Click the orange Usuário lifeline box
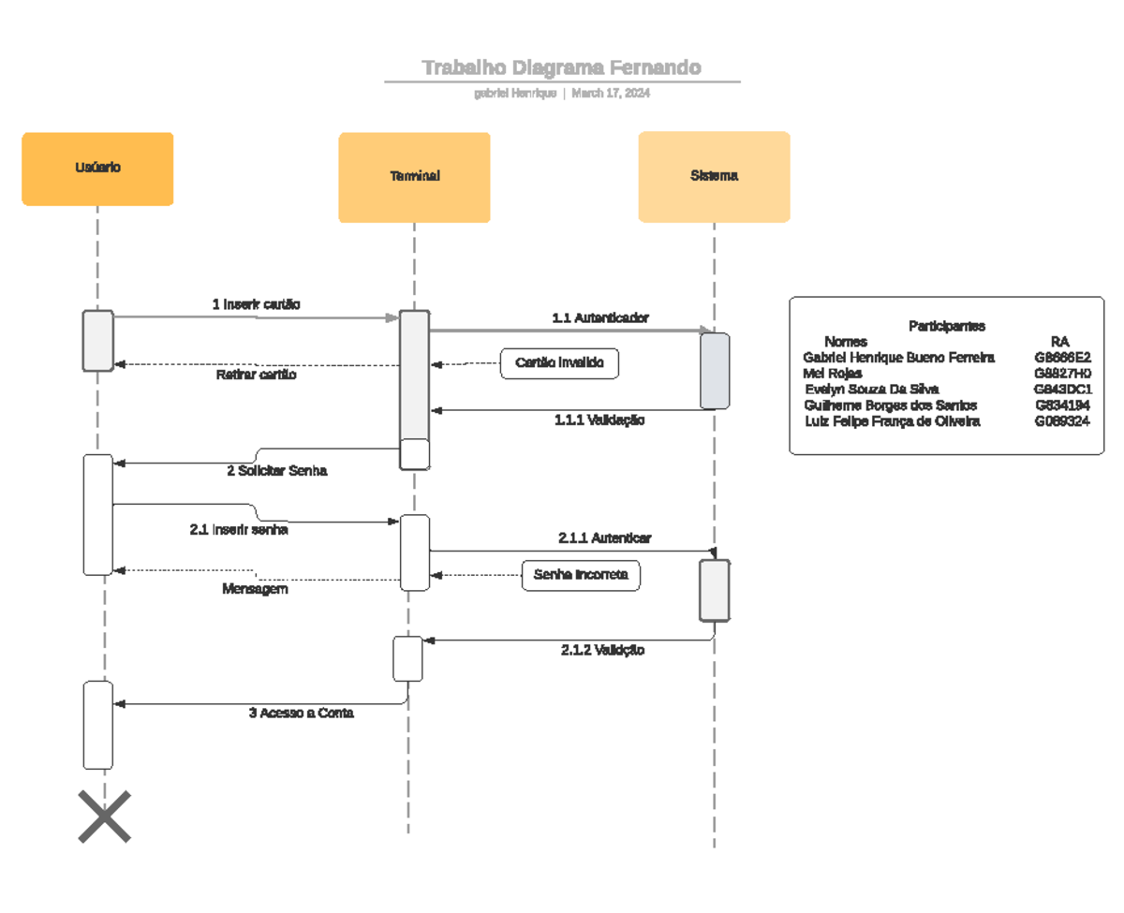[97, 169]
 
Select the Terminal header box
[414, 177]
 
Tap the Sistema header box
[714, 176]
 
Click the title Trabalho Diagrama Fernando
[561, 67]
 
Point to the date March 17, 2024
[611, 94]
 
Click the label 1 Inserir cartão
[257, 304]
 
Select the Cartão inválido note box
[560, 362]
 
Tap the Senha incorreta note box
[581, 575]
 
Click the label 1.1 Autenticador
[600, 318]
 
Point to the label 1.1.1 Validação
[599, 420]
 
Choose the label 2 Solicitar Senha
[277, 471]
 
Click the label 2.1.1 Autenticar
[605, 538]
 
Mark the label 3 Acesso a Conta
[302, 713]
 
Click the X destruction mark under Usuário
[104, 817]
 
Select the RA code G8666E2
[1062, 358]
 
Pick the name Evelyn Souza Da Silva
[872, 390]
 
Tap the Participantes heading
[946, 326]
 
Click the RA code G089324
[1061, 421]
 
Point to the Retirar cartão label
[257, 375]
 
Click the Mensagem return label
[255, 589]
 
